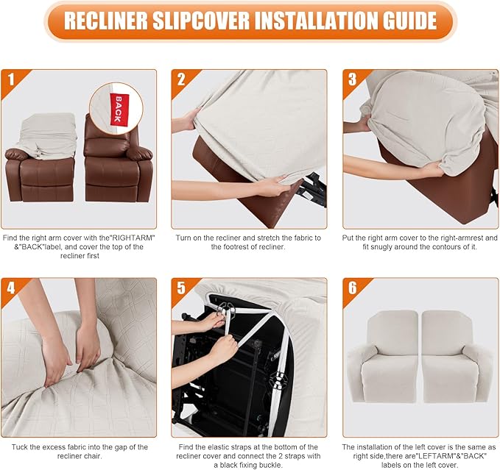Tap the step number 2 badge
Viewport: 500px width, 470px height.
[x=181, y=79]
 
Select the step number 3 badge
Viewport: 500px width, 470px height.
[x=353, y=79]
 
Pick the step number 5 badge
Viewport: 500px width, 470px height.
[x=181, y=288]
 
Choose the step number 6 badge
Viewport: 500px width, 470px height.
[x=353, y=288]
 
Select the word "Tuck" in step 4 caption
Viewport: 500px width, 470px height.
[x=13, y=446]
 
